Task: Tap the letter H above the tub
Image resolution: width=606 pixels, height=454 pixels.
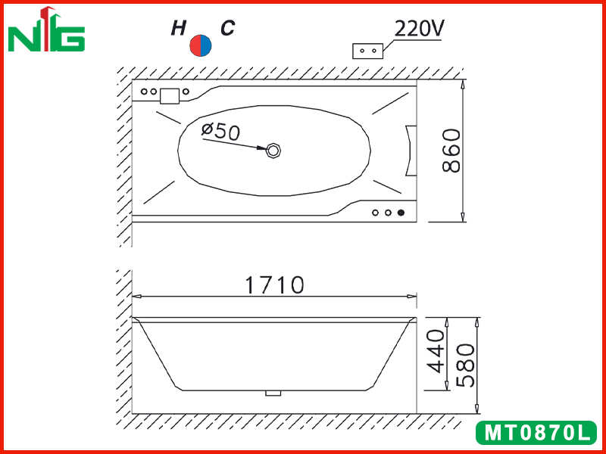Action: [x=179, y=28]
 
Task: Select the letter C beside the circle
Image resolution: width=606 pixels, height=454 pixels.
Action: [x=228, y=28]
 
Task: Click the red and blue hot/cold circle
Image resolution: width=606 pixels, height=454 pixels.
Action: [x=201, y=45]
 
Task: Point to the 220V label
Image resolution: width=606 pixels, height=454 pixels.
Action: [x=420, y=28]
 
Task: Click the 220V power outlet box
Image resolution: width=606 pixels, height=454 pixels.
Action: [x=368, y=51]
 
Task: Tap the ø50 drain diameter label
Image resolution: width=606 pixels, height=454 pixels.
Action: [x=220, y=131]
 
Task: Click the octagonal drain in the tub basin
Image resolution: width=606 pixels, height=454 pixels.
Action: [x=273, y=150]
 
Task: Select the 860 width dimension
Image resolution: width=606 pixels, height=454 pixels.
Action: [x=451, y=151]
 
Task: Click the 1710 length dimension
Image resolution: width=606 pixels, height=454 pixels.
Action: [x=275, y=285]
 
